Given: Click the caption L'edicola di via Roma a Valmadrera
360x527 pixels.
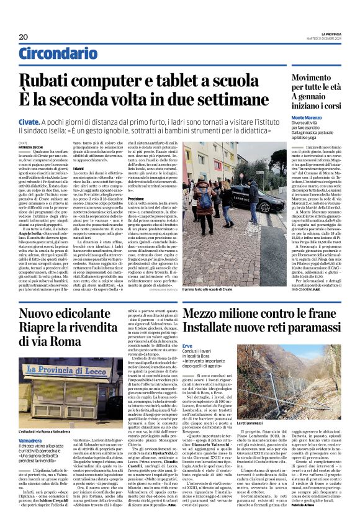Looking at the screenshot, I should [53, 413].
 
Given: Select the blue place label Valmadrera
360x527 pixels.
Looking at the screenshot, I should [30, 421].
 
